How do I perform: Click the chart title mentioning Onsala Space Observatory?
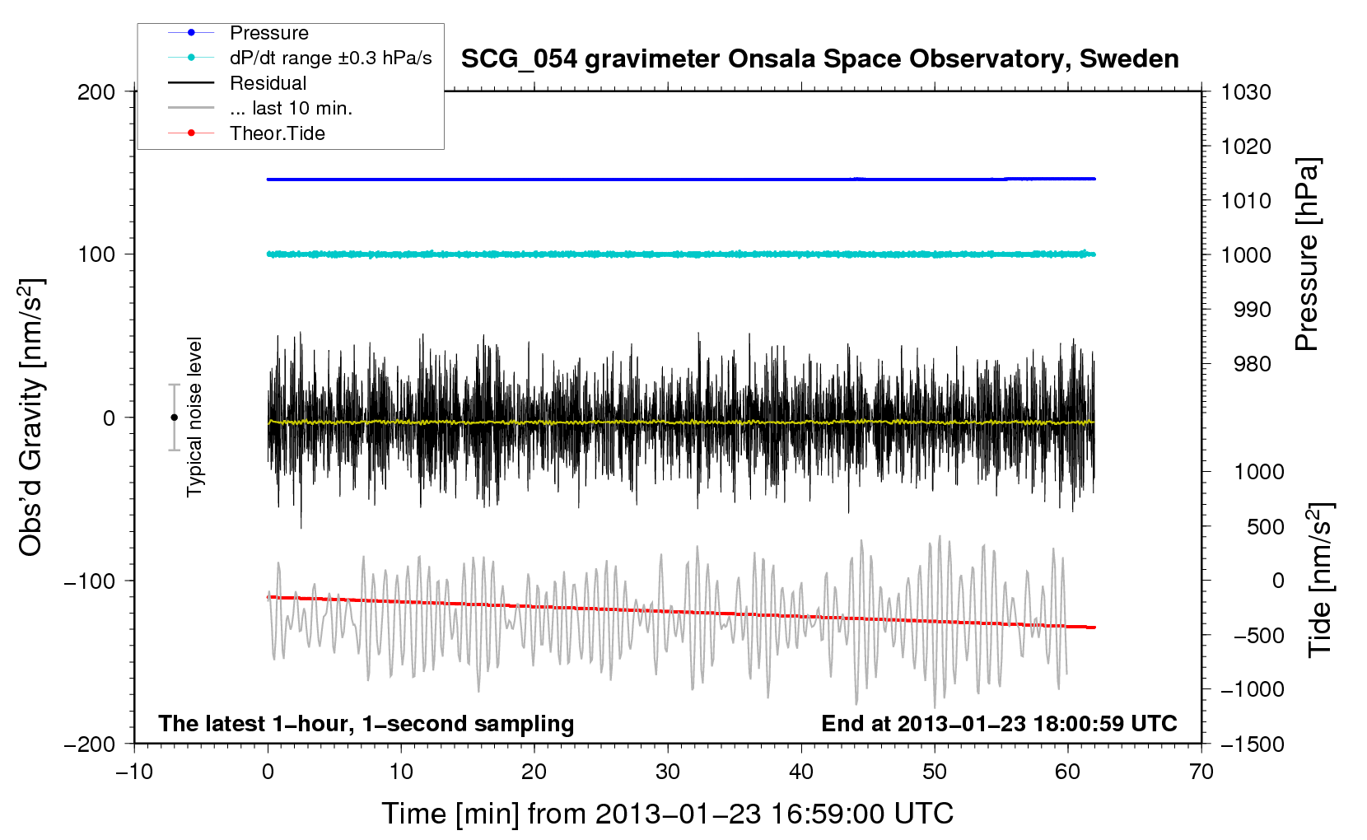819,59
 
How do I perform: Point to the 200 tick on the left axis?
96,92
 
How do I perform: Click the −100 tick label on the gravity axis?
90,581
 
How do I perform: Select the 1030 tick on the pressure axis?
1246,92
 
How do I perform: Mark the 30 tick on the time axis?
668,772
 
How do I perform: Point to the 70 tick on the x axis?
1201,772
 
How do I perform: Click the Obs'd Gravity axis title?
30,418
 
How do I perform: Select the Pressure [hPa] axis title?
1307,254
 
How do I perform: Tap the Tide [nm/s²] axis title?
1320,580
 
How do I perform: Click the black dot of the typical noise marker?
174,418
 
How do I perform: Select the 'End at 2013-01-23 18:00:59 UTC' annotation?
999,723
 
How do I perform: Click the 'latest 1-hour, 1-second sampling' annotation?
366,724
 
